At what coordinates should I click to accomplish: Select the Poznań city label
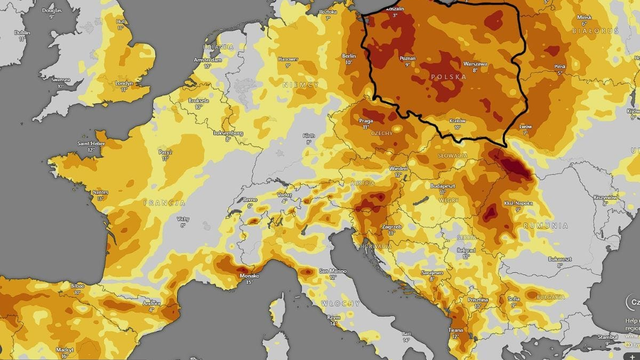[407, 59]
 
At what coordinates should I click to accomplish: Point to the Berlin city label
[349, 55]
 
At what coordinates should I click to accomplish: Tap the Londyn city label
[125, 83]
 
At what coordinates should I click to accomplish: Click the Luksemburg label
[230, 132]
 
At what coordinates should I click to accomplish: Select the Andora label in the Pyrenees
[152, 301]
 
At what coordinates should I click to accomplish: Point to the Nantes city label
[100, 192]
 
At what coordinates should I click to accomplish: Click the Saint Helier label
[91, 143]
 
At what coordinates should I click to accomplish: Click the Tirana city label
[456, 330]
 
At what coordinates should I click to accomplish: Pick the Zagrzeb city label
[391, 227]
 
